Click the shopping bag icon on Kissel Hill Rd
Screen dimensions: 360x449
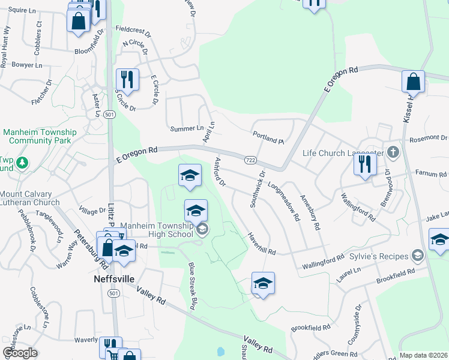point(413,82)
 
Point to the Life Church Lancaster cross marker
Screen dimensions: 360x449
point(393,152)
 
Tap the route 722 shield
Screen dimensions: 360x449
point(251,160)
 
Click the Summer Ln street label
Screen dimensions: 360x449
point(187,128)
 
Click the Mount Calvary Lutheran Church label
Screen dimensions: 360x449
point(30,199)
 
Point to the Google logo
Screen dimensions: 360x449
point(20,353)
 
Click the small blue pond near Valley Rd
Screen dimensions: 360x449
point(220,351)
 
